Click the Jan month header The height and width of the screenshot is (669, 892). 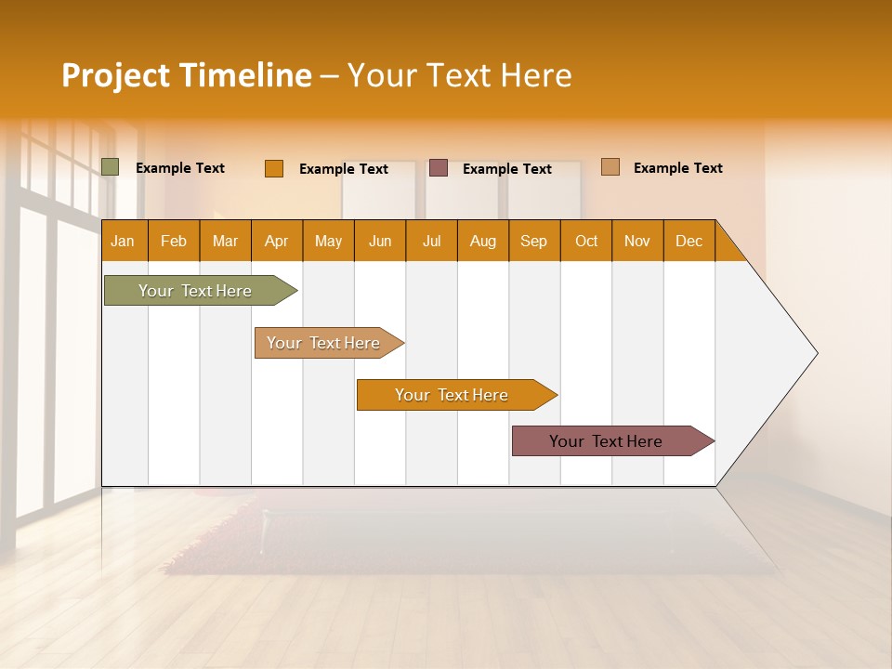(x=123, y=241)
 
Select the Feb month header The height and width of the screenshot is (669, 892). (x=174, y=241)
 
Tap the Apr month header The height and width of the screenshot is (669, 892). (x=277, y=241)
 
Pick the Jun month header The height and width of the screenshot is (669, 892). (x=380, y=241)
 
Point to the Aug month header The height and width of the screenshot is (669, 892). (x=483, y=241)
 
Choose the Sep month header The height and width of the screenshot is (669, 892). (x=534, y=241)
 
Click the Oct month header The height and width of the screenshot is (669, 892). (x=586, y=241)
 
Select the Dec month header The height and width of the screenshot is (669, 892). (x=689, y=241)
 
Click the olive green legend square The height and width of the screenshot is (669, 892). (x=111, y=167)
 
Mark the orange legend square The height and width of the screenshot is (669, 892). (x=274, y=168)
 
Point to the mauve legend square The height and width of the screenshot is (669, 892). (x=439, y=167)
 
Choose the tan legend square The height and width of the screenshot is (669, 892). (x=610, y=167)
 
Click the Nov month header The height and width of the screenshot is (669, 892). (x=637, y=241)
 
